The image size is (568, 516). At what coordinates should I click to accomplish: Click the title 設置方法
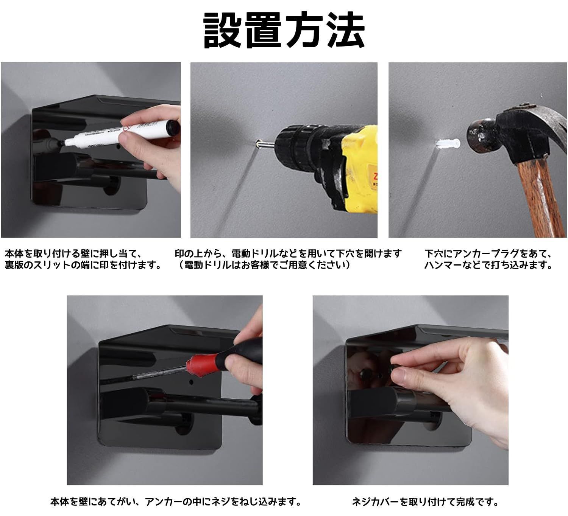click(x=284, y=30)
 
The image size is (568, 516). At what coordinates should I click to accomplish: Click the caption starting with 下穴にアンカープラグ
click(x=488, y=259)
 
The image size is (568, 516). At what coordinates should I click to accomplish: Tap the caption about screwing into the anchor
click(x=176, y=502)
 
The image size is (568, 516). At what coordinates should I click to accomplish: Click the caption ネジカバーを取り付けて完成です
click(x=425, y=502)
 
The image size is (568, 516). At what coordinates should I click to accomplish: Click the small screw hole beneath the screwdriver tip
click(x=191, y=382)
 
